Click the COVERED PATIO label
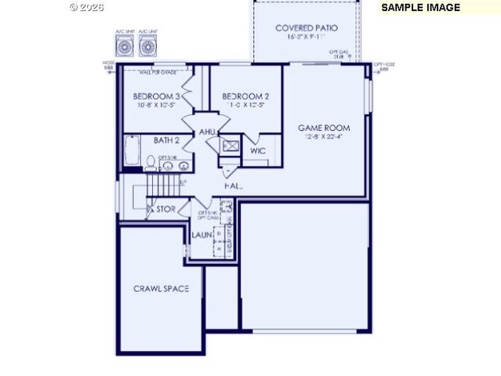click(x=307, y=28)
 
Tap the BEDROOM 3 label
click(x=157, y=96)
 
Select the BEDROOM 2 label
click(x=245, y=96)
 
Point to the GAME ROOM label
click(x=324, y=128)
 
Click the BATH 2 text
click(x=167, y=140)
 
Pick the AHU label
click(x=207, y=132)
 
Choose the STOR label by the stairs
click(x=165, y=209)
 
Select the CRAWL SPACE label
click(x=161, y=289)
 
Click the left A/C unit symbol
click(x=125, y=46)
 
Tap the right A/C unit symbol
click(x=147, y=46)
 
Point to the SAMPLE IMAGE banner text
click(x=420, y=7)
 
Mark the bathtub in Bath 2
click(x=131, y=150)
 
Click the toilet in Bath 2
click(x=150, y=162)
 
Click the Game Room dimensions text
click(x=324, y=137)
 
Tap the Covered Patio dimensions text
click(x=306, y=37)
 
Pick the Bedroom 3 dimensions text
click(x=157, y=105)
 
